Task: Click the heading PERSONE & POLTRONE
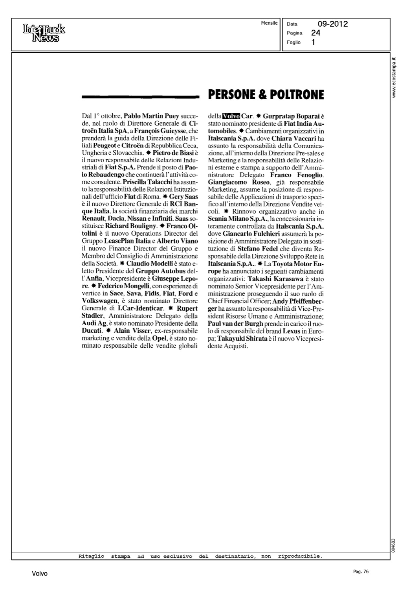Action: point(266,95)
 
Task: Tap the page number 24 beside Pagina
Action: point(315,33)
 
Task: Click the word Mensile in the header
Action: point(269,23)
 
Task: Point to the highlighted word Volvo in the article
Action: point(231,116)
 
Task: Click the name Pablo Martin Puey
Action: point(151,116)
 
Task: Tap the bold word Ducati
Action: point(92,331)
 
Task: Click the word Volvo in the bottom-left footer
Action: point(40,574)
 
